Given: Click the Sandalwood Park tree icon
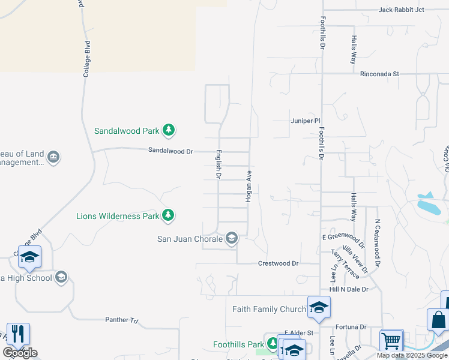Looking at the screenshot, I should [x=169, y=130].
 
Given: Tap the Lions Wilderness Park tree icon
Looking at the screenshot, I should [x=169, y=215].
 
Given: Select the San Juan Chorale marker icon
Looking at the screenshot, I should [x=232, y=239].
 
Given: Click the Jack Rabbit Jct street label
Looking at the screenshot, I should [x=401, y=10].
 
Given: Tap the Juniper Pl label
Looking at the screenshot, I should [x=301, y=121].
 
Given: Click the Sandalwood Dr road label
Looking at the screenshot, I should [x=170, y=151].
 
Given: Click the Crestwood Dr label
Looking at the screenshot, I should [x=278, y=263].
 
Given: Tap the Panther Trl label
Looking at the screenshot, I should [x=121, y=320].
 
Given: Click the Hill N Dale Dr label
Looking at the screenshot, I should [x=348, y=289].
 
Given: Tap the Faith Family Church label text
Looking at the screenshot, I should [x=269, y=309].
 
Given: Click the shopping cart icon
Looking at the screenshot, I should [x=391, y=340].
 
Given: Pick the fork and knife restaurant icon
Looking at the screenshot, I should [x=18, y=334].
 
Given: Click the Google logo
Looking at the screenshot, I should [x=20, y=353].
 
